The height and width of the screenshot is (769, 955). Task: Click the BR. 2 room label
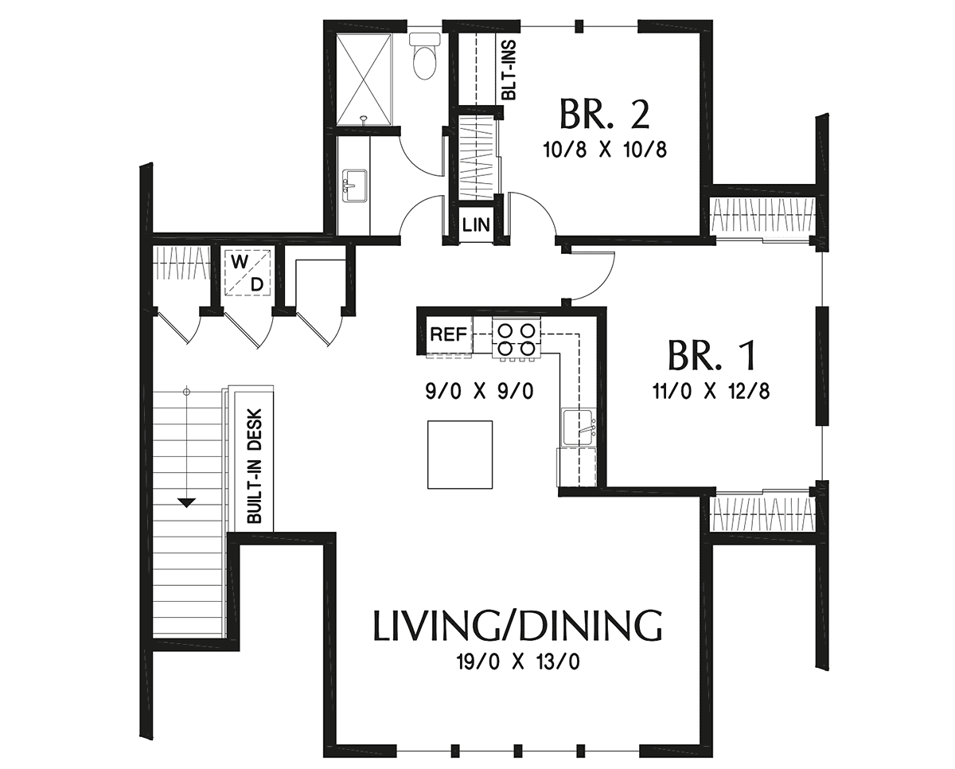tap(605, 114)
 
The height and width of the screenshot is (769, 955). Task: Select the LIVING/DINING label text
tap(517, 626)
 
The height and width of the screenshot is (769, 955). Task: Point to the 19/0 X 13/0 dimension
tap(517, 662)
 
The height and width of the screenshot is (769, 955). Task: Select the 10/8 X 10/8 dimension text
tap(606, 150)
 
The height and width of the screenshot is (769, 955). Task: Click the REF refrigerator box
tap(446, 334)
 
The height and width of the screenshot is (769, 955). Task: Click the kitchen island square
tap(460, 455)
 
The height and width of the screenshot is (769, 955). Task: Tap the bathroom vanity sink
tap(353, 185)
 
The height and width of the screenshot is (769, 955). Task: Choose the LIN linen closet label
tap(476, 224)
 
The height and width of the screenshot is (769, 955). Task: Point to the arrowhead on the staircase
tap(186, 502)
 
